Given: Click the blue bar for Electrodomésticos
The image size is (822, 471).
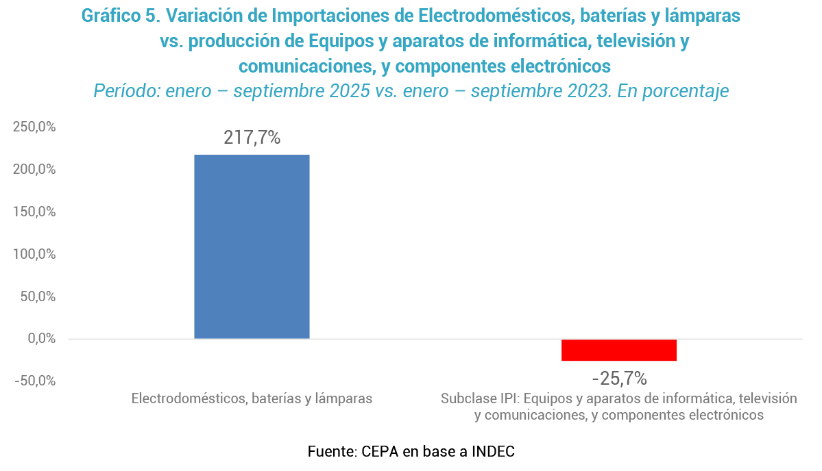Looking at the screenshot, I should tap(252, 246).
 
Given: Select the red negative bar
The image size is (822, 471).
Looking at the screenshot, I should tap(618, 350).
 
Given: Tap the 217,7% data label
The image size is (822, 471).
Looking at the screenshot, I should tap(252, 138).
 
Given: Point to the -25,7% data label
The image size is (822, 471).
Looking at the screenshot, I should tap(619, 378).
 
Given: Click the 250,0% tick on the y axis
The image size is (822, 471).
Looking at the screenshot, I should tap(34, 127).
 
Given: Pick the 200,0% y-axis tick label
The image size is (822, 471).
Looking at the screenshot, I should tap(34, 170).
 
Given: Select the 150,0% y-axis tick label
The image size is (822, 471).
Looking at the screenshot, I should tap(34, 212).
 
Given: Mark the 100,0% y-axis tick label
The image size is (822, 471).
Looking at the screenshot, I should tap(34, 254).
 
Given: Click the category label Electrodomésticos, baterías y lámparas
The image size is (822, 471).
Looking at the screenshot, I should tap(252, 398).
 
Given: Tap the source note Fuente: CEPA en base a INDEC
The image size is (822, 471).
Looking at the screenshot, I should tap(411, 452).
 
